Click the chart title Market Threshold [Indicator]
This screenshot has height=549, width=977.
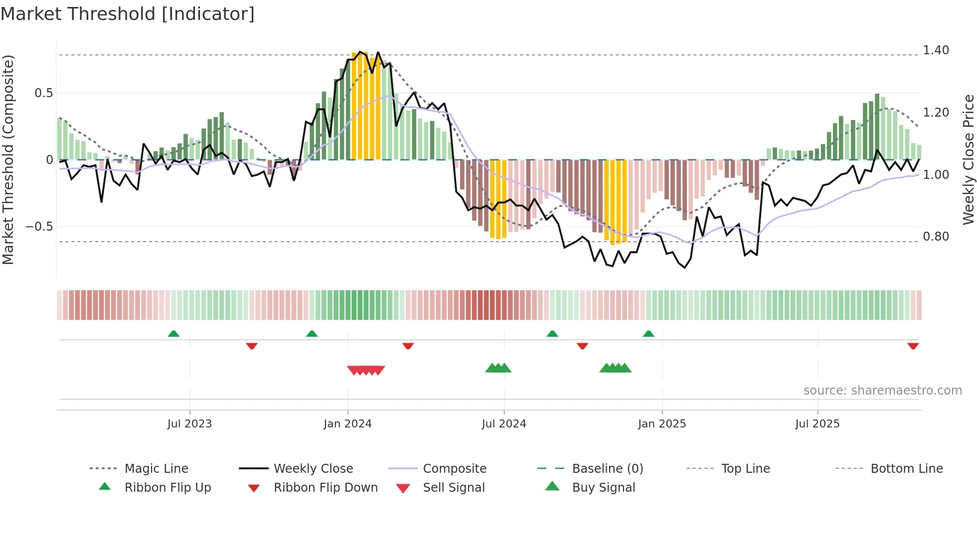click(x=128, y=14)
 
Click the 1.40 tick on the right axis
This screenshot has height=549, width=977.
click(x=936, y=50)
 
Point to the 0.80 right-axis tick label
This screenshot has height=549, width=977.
click(x=936, y=237)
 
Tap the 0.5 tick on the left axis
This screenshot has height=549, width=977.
click(x=43, y=93)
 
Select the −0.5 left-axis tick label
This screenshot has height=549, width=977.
click(x=39, y=227)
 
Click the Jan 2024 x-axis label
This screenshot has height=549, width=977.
click(x=347, y=424)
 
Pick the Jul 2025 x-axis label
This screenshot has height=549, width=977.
click(x=817, y=424)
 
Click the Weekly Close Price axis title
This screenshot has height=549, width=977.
click(x=968, y=159)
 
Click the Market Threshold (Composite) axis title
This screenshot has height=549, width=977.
click(x=8, y=159)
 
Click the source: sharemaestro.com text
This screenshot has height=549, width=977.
click(x=882, y=391)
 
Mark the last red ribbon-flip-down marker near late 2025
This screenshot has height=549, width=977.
click(x=913, y=346)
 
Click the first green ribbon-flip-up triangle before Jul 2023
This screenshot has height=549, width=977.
click(x=173, y=334)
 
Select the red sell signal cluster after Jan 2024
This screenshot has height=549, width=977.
click(x=366, y=370)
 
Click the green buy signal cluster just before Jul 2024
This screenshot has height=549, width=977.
click(x=498, y=368)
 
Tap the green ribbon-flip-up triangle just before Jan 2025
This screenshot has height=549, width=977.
click(x=648, y=334)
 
